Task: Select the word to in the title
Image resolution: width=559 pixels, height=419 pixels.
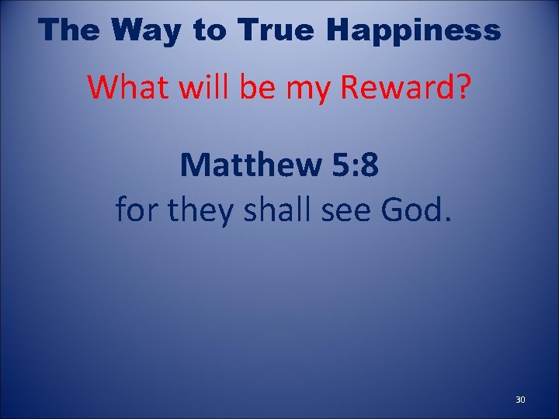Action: [207, 30]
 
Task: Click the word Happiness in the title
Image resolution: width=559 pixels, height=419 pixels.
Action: [414, 30]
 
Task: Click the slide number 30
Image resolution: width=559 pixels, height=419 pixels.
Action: [520, 400]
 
